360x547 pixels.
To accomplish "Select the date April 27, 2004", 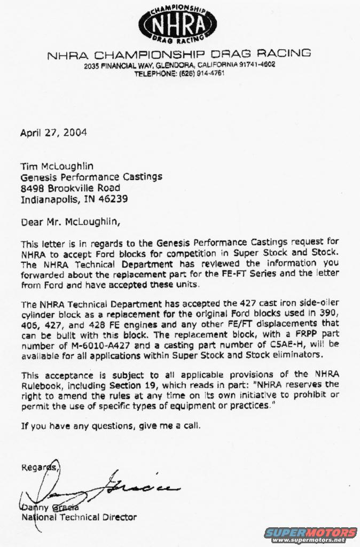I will click(53, 133).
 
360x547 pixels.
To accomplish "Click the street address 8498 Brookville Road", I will click(70, 188).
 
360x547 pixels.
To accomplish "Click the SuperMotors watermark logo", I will click(310, 534).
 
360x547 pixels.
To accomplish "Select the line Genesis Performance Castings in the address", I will click(91, 177).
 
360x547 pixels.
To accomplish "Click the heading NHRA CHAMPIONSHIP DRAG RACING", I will click(179, 54).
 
